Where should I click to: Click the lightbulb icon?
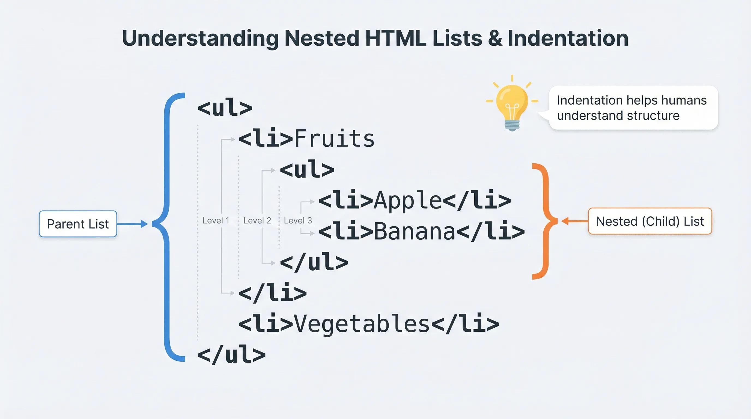[512, 104]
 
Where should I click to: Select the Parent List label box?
[78, 224]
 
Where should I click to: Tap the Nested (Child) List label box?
[650, 221]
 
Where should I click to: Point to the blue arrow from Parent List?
[132, 224]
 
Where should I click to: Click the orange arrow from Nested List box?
[575, 221]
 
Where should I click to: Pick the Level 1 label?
[216, 221]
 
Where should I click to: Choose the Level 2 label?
[257, 221]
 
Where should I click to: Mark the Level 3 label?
[298, 221]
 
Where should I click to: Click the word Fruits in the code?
[334, 138]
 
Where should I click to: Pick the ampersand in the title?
[495, 38]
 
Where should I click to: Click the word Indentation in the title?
[568, 38]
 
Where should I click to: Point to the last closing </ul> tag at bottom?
[231, 355]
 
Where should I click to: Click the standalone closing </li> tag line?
[273, 292]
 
